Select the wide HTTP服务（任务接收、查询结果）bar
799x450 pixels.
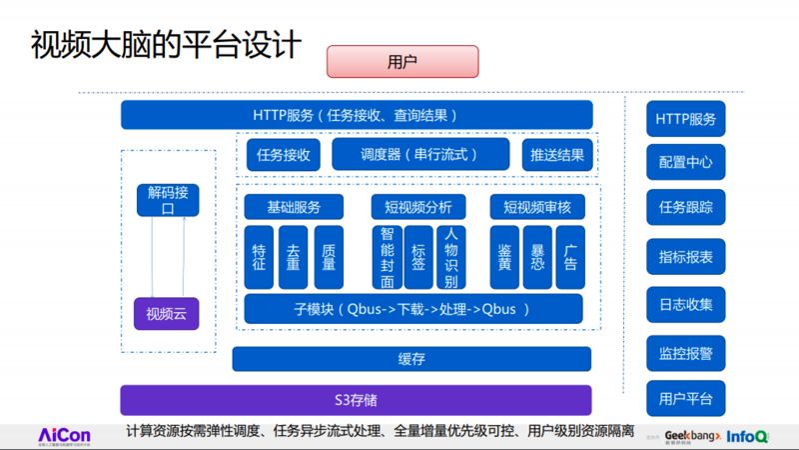click(356, 115)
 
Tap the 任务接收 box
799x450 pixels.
click(284, 155)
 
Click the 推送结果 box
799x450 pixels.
click(557, 155)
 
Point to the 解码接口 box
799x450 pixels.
click(168, 200)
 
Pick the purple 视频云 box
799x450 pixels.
click(168, 315)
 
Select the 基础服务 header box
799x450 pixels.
click(294, 207)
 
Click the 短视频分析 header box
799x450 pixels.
click(418, 207)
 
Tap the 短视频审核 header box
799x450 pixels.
click(537, 207)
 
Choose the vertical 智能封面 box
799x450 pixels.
click(388, 257)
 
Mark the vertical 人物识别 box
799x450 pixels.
click(450, 257)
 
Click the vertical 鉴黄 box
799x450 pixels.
click(505, 257)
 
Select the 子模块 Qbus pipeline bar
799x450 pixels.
click(413, 308)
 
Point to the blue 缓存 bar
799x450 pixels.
click(411, 359)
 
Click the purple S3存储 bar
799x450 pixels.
click(356, 400)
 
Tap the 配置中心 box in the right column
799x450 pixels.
click(686, 162)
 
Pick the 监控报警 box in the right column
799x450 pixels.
click(686, 353)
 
